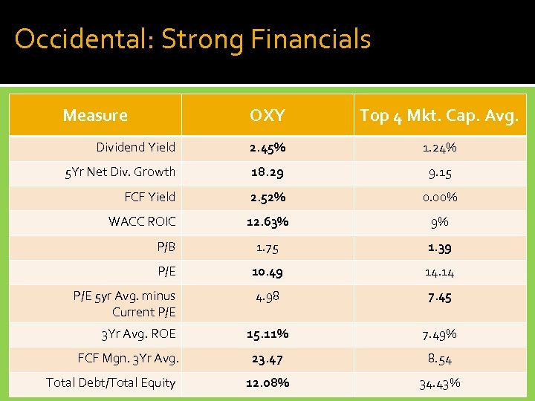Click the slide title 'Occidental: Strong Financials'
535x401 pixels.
click(x=192, y=39)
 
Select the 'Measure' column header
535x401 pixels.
click(x=95, y=115)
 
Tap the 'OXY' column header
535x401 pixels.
click(x=267, y=115)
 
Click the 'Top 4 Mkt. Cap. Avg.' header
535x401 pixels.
click(x=439, y=115)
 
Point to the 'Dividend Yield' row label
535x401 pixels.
click(x=135, y=147)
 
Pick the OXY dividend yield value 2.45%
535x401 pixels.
click(x=267, y=148)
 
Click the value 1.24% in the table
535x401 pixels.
click(x=439, y=148)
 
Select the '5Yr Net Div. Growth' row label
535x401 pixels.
click(x=120, y=172)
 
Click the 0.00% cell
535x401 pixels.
click(x=439, y=197)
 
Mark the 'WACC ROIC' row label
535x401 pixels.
click(x=142, y=221)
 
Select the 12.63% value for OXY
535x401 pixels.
click(x=267, y=221)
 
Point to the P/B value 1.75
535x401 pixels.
click(x=267, y=247)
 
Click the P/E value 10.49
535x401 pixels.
click(x=267, y=272)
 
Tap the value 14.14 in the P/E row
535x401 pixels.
click(x=439, y=272)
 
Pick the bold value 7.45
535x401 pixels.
click(x=439, y=297)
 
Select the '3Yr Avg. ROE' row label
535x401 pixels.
click(x=138, y=333)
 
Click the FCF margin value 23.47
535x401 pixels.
click(x=267, y=359)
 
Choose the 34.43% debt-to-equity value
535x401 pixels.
click(x=439, y=383)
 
